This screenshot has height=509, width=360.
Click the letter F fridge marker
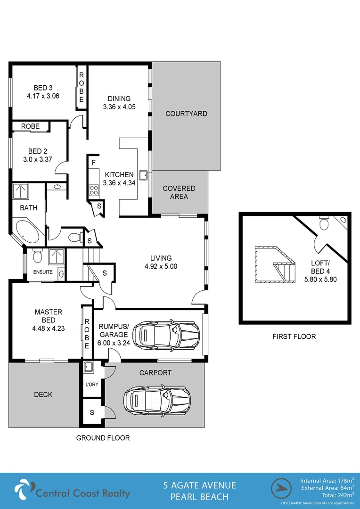pos(94,163)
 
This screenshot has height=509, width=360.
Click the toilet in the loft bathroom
pos(323,223)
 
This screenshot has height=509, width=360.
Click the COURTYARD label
pos(186,114)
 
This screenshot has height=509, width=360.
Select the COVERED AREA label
pos(179,192)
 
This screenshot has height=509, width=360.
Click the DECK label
pos(43,394)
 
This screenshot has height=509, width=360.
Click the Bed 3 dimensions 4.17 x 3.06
pos(43,96)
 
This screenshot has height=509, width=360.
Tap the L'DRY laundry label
pos(91,385)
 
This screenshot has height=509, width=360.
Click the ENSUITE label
pos(43,272)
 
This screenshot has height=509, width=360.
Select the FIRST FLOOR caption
pos(294,337)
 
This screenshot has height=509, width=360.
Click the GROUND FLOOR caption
pos(103,438)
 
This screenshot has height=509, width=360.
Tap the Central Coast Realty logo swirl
pos(24,490)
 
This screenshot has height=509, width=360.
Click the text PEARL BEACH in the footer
pos(199,497)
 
